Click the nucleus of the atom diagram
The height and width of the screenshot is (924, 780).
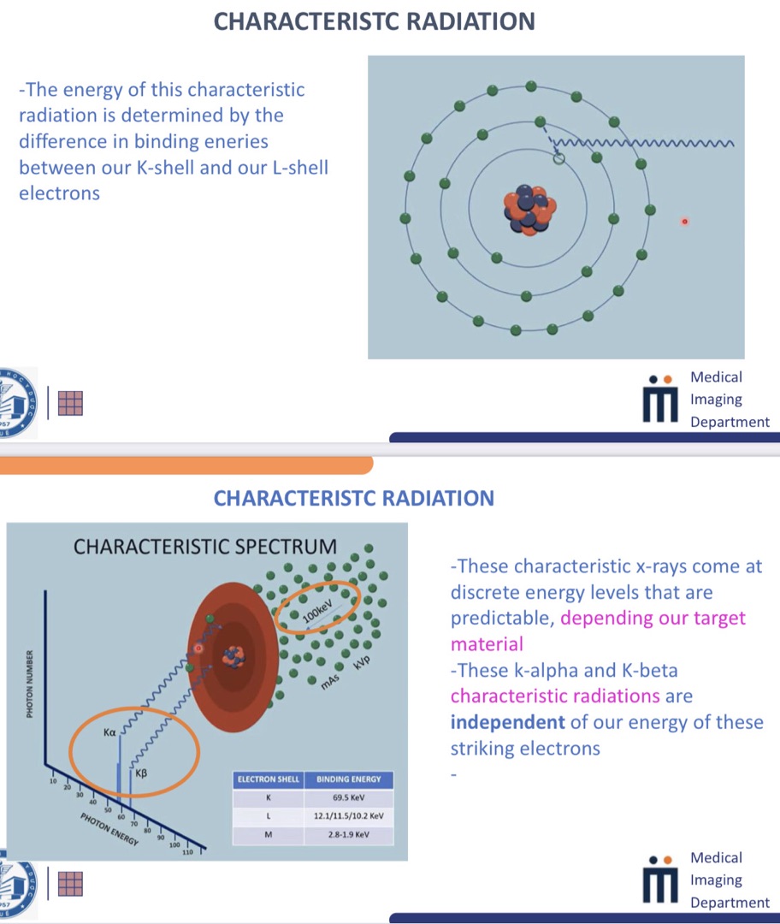coord(529,210)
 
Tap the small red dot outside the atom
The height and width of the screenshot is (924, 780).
coord(684,222)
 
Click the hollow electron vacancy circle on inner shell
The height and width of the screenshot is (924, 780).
coord(559,158)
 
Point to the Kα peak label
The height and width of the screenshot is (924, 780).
coord(109,732)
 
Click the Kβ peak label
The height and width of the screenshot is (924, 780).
coord(141,773)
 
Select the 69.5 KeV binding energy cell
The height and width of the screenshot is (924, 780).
coord(349,797)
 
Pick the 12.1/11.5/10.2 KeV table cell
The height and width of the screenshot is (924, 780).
coord(349,816)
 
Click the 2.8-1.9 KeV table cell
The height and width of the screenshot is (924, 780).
coord(349,835)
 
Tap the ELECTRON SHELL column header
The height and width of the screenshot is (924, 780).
coord(268,779)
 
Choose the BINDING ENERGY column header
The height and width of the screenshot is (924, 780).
coord(349,779)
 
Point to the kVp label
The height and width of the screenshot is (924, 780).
coord(363,661)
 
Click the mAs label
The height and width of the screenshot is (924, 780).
coord(330,681)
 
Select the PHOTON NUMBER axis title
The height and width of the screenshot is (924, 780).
coord(29,684)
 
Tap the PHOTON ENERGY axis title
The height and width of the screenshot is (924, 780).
coord(109,829)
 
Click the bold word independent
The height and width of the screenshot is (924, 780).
coord(507,722)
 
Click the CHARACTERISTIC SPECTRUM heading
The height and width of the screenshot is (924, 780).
coord(205,547)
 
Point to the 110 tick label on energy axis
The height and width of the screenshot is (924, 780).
coord(187,852)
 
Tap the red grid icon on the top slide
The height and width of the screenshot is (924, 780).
coord(71,404)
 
